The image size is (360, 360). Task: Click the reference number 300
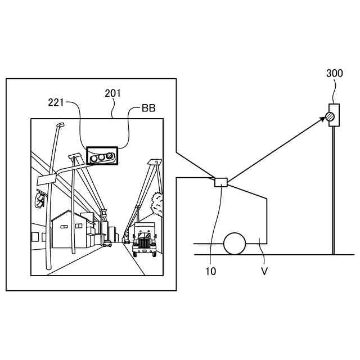pyautogui.click(x=334, y=74)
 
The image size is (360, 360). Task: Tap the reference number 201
pyautogui.click(x=112, y=93)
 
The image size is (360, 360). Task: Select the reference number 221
pyautogui.click(x=56, y=102)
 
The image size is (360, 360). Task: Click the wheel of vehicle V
pyautogui.click(x=235, y=244)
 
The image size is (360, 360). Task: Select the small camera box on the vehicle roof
pyautogui.click(x=220, y=182)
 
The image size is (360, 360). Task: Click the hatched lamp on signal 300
pyautogui.click(x=330, y=117)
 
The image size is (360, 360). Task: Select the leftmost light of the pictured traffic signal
pyautogui.click(x=93, y=159)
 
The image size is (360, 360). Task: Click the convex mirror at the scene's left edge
pyautogui.click(x=39, y=199)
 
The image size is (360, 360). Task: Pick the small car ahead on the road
pyautogui.click(x=107, y=244)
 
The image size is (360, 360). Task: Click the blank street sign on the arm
pyautogui.click(x=44, y=179)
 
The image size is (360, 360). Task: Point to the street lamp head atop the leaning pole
pyautogui.click(x=60, y=125)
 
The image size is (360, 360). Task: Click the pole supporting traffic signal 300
pyautogui.click(x=334, y=191)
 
